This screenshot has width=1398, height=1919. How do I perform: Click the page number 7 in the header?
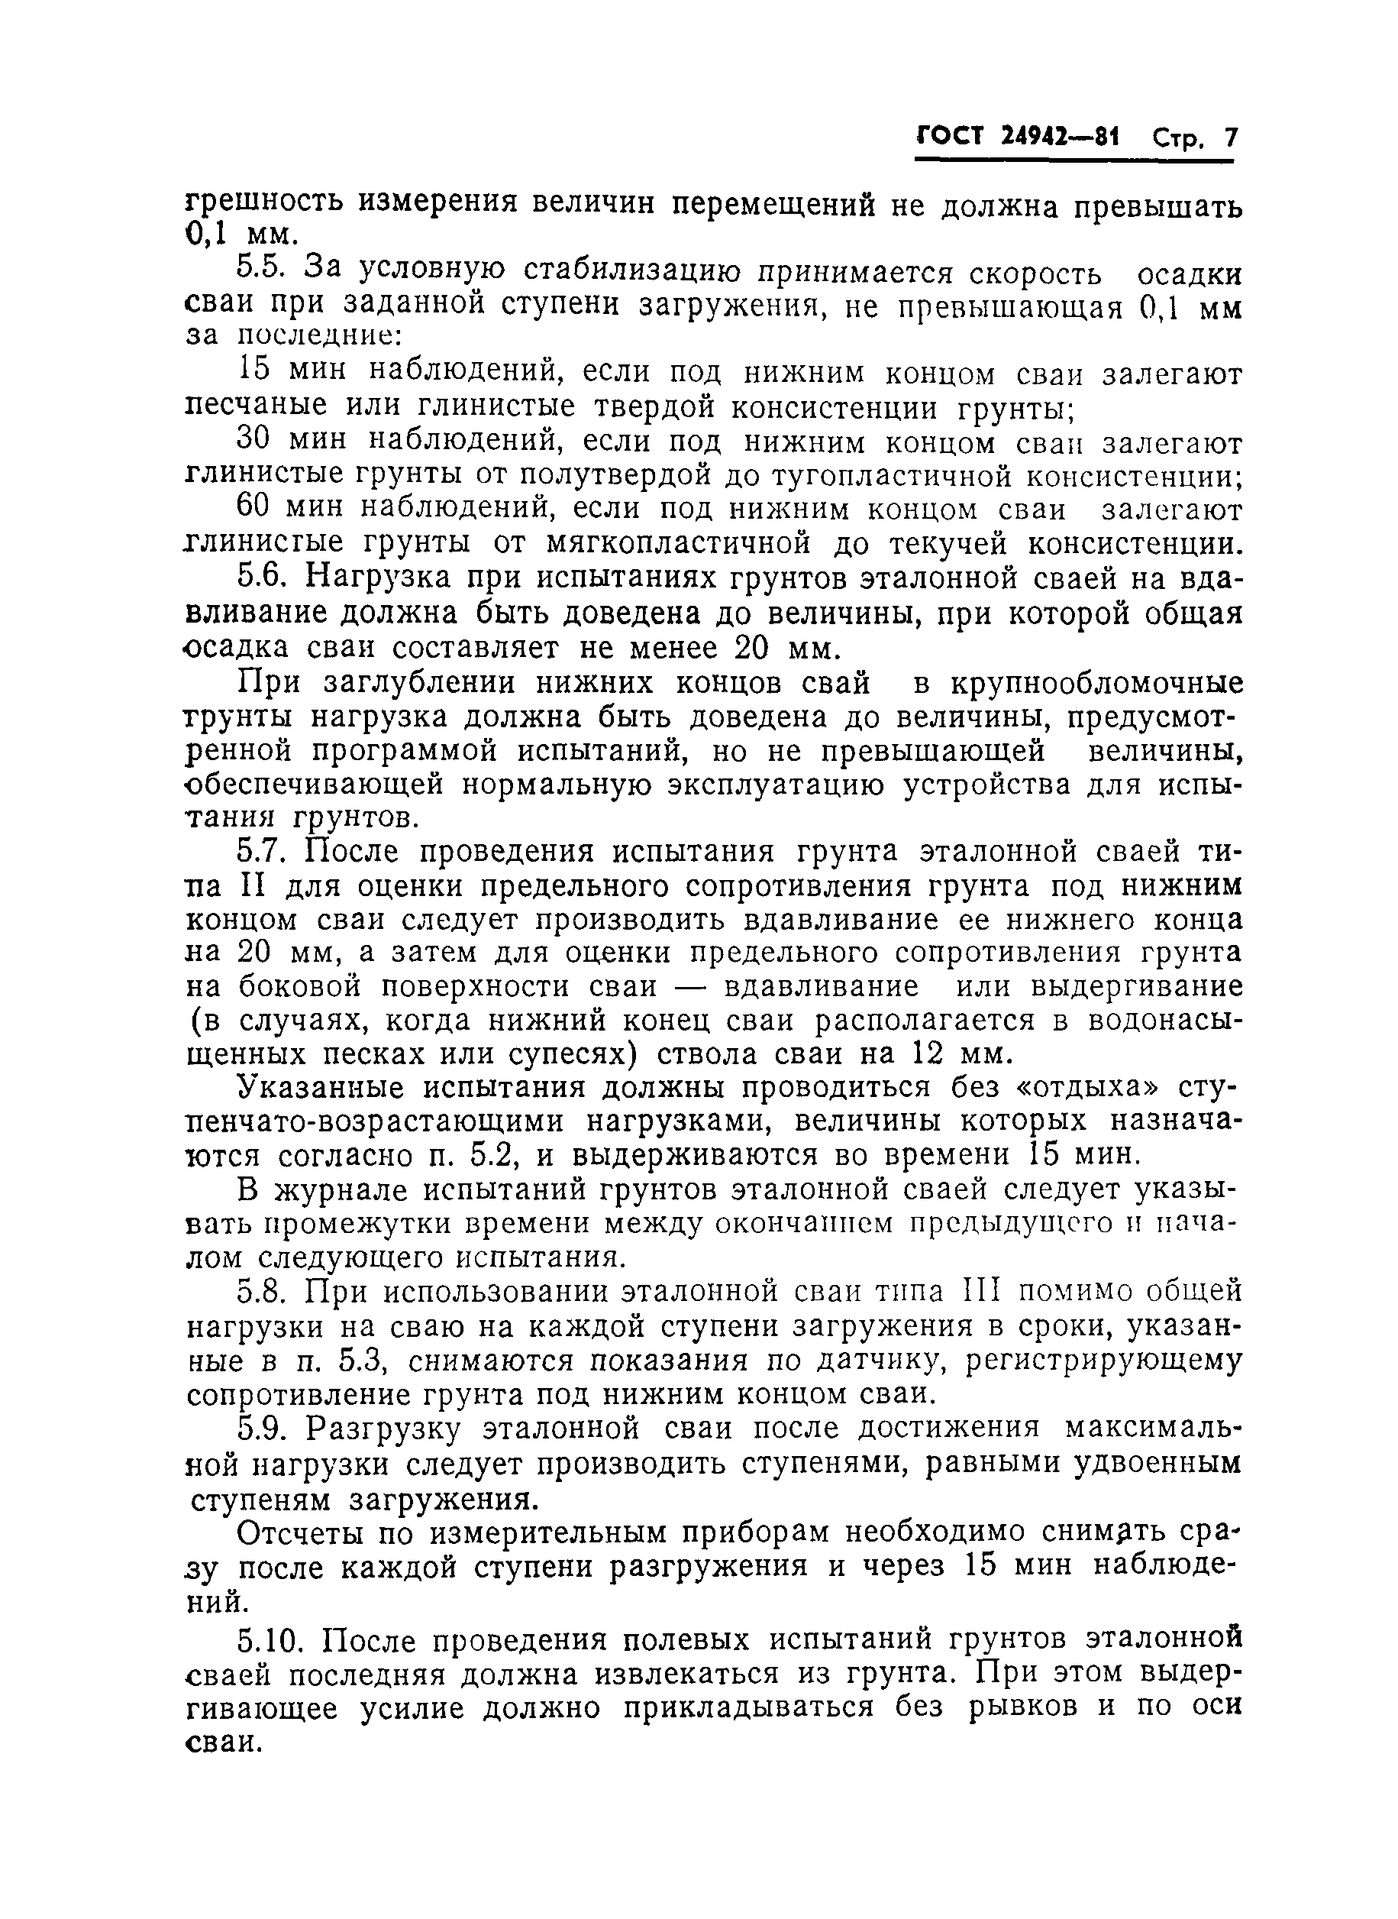pos(1228,138)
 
